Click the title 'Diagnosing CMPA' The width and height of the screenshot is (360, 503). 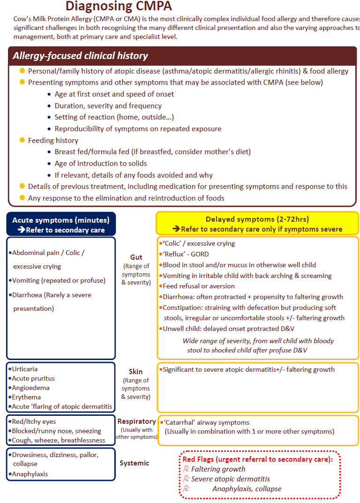pyautogui.click(x=119, y=7)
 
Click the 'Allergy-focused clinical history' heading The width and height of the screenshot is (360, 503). pyautogui.click(x=80, y=56)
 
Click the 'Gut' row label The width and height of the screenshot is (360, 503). pyautogui.click(x=136, y=257)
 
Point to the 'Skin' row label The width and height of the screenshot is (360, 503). pyautogui.click(x=135, y=372)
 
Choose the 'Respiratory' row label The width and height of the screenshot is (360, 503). pyautogui.click(x=136, y=421)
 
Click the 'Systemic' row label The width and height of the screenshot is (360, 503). pyautogui.click(x=134, y=463)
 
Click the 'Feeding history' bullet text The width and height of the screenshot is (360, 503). pyautogui.click(x=53, y=141)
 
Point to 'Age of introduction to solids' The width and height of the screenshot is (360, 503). pyautogui.click(x=101, y=164)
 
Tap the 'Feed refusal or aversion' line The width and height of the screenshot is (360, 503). pyautogui.click(x=199, y=286)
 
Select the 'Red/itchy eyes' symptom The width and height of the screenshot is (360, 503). pyautogui.click(x=34, y=422)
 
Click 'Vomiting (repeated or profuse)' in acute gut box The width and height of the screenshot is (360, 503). pyautogui.click(x=59, y=281)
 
